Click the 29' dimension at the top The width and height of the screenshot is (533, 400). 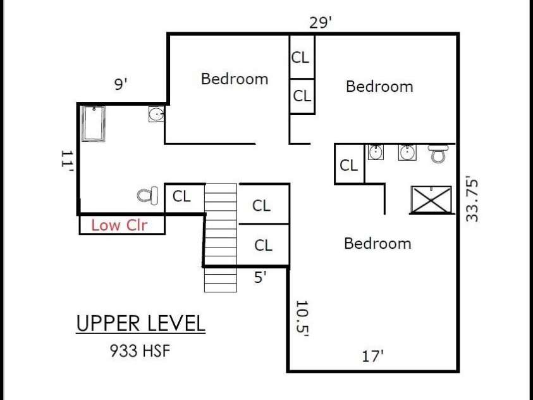[320, 23]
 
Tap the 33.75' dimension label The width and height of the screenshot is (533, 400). [472, 199]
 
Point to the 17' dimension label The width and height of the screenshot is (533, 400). [372, 356]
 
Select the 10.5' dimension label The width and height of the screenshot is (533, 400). [302, 318]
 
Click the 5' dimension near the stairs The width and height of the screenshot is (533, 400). [260, 277]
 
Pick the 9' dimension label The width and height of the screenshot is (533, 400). [121, 84]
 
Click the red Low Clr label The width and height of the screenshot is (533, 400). [119, 225]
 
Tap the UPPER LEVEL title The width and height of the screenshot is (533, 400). [141, 323]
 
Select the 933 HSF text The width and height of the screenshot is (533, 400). [140, 351]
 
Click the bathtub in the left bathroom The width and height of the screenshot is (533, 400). [93, 123]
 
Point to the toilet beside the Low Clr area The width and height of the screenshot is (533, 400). [147, 196]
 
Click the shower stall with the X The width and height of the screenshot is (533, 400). [431, 199]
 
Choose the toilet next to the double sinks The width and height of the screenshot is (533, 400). [438, 153]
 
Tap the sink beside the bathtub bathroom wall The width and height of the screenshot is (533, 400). [156, 115]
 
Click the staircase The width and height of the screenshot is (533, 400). [221, 238]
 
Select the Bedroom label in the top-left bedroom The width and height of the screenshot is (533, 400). [235, 79]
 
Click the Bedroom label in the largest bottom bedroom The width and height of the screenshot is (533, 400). [377, 244]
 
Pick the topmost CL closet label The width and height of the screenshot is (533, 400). [300, 58]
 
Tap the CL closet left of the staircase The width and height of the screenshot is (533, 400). [181, 196]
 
